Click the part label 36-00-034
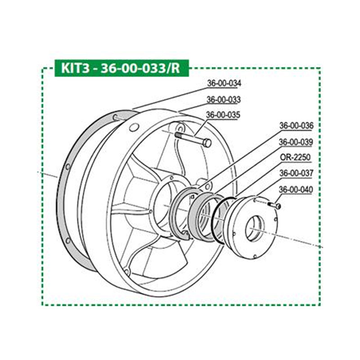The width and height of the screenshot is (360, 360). point(224,83)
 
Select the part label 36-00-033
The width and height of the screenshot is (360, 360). point(224,99)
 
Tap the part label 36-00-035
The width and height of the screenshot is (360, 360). point(224,115)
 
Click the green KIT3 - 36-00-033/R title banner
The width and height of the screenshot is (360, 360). point(121,69)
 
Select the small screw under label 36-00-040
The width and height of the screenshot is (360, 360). point(274,205)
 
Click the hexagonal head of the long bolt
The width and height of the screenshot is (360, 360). point(207,143)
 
